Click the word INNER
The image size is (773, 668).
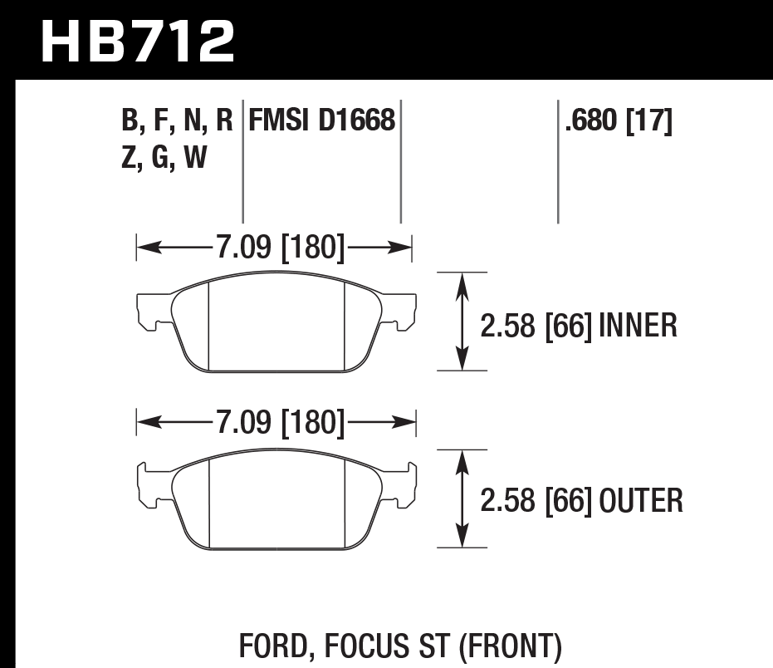coord(638,325)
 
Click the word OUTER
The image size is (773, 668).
coord(641,500)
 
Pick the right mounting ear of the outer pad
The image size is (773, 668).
coord(403,485)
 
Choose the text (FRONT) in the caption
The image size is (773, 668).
coord(511,645)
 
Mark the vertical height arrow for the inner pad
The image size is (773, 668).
coord(462,321)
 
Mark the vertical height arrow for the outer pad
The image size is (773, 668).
coord(462,499)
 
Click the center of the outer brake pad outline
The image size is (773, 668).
coord(276,503)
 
